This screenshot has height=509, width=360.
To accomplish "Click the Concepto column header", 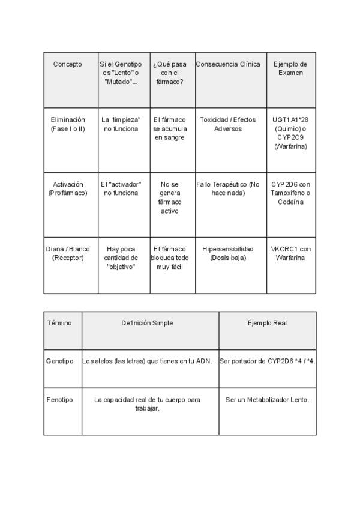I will pos(68,64).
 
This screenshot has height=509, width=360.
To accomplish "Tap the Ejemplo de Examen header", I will pos(290,68).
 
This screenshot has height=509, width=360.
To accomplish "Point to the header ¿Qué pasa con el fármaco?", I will pos(170,73).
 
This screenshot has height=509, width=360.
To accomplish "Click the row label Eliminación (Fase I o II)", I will pos(68,124).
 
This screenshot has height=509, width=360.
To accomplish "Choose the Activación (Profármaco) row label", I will pos(68,188).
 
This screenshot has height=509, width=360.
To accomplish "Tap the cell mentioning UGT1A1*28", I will pos(290,133).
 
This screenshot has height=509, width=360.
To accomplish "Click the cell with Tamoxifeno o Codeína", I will pos(290,193).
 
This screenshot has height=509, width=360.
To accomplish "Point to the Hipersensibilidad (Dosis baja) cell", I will pos(228,253).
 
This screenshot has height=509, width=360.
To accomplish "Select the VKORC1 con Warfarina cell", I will pos(290,253).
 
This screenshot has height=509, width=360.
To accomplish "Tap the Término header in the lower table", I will pos(59,323).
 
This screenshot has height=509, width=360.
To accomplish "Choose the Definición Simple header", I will pos(147,323).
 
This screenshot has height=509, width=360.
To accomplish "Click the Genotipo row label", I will pos(59,361).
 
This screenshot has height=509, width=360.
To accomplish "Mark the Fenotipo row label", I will pos(59,399).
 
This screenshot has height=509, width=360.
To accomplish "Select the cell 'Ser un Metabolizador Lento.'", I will pos(268,399).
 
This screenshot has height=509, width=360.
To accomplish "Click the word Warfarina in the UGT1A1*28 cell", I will pos(290,146).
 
